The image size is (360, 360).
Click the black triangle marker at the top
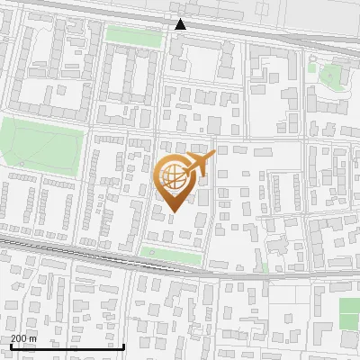tap(181, 24)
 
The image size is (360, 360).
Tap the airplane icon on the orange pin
tap(197, 166)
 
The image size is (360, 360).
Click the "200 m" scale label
tap(22, 337)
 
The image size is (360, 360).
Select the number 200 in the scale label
tap(18, 337)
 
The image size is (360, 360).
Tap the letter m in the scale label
tap(33, 337)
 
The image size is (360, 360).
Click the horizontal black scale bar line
tap(67, 346)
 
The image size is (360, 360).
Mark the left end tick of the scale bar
tap(11, 344)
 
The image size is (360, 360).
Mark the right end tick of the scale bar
tap(123, 344)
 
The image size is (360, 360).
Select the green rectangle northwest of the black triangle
tap(131, 35)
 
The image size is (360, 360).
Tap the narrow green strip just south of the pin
tap(171, 256)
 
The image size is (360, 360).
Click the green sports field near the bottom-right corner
tap(349, 312)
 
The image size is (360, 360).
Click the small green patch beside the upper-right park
tap(311, 66)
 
